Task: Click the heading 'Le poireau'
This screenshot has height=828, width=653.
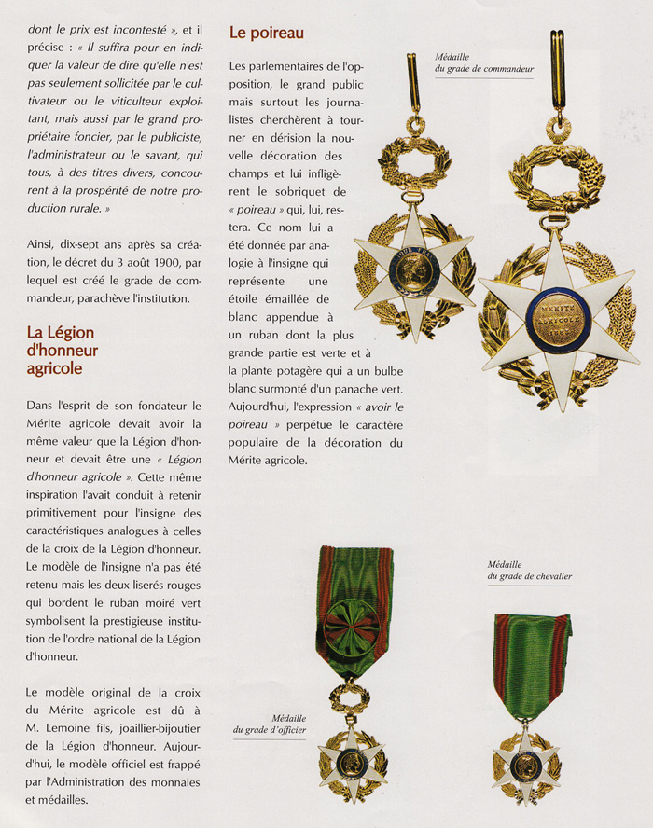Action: point(267,34)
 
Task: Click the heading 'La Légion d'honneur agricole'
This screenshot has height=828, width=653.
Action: point(62,350)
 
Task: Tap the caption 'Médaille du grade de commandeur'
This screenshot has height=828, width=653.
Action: point(483,62)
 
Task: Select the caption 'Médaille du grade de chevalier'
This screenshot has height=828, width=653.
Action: point(528,570)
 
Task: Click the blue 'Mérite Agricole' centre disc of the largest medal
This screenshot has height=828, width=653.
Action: point(558,320)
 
